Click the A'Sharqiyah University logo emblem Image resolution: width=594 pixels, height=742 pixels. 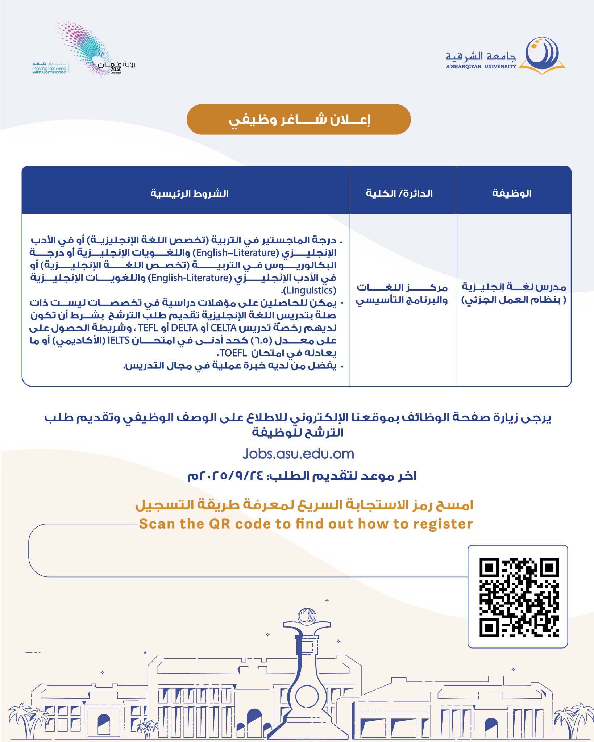(542, 55)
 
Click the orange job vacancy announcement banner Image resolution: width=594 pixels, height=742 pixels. (299, 120)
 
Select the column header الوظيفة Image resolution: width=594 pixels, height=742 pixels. (512, 193)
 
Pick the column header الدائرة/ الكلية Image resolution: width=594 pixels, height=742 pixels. (399, 193)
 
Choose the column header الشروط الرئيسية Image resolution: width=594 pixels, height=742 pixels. (190, 193)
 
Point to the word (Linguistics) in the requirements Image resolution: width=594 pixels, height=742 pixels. (309, 291)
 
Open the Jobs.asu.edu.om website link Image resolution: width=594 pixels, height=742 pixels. (298, 454)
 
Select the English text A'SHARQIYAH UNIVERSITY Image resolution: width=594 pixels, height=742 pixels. (481, 67)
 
